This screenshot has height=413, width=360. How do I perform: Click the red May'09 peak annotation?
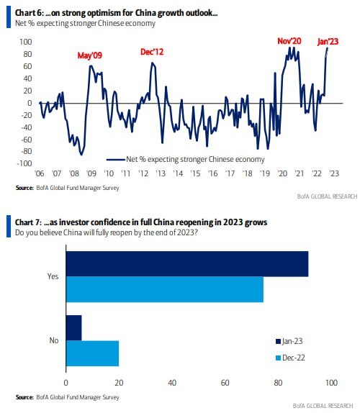(x=89, y=55)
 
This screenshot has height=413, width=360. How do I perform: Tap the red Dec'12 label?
(x=152, y=52)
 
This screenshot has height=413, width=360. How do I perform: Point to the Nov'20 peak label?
(x=289, y=41)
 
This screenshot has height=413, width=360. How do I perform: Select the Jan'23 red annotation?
(x=328, y=41)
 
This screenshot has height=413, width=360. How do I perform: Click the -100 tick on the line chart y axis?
(x=24, y=163)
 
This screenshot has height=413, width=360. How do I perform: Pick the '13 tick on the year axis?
(x=161, y=173)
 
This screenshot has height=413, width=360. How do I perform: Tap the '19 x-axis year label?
(x=264, y=173)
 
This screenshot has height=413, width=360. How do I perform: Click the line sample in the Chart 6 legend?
(x=115, y=159)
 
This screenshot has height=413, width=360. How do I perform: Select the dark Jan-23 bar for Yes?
(x=187, y=263)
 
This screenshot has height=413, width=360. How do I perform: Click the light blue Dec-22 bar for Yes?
(x=165, y=289)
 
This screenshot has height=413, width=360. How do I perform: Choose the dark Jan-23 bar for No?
(x=73, y=327)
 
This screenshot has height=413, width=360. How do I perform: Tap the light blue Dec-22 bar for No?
(x=92, y=353)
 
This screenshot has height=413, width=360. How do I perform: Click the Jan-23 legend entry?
(x=289, y=341)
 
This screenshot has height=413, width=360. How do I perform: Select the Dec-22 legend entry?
(x=290, y=358)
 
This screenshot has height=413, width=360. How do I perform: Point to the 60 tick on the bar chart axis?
(x=225, y=383)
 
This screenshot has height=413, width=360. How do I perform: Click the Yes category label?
(x=53, y=276)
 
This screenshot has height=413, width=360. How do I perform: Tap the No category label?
(x=54, y=340)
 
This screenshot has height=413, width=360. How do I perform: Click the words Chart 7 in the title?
(x=28, y=222)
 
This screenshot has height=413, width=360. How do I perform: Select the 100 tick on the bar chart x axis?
(x=331, y=383)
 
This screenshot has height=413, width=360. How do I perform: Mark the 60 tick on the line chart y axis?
(x=27, y=66)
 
